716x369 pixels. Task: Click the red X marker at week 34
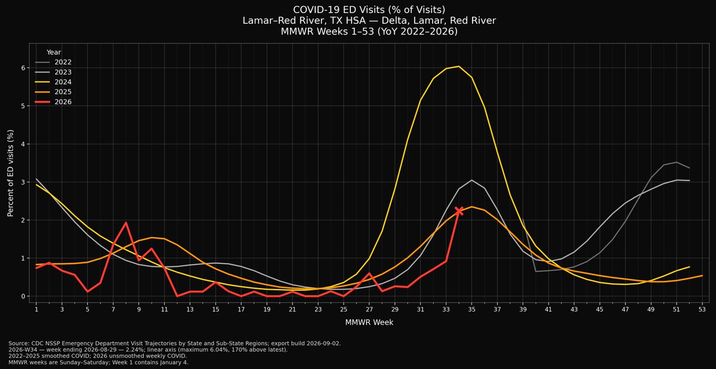pos(459,211)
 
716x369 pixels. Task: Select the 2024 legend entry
pos(53,82)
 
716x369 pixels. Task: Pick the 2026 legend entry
pos(53,102)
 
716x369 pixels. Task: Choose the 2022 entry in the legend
pos(53,63)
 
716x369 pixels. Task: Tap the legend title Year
pos(54,52)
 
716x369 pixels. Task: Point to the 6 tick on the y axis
pos(23,68)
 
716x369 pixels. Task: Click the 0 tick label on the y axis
pos(23,296)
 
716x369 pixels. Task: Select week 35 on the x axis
pos(471,309)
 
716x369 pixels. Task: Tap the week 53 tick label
pos(702,309)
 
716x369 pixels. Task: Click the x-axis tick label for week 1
pos(36,309)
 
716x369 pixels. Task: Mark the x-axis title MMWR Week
pos(369,323)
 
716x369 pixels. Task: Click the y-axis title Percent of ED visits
pos(11,173)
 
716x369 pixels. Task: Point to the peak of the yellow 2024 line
pos(459,66)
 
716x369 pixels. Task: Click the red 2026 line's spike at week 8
pos(126,223)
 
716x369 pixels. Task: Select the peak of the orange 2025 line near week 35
pos(471,207)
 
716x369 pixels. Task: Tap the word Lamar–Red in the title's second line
pos(266,20)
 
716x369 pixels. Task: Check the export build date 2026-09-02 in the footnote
pos(323,343)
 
